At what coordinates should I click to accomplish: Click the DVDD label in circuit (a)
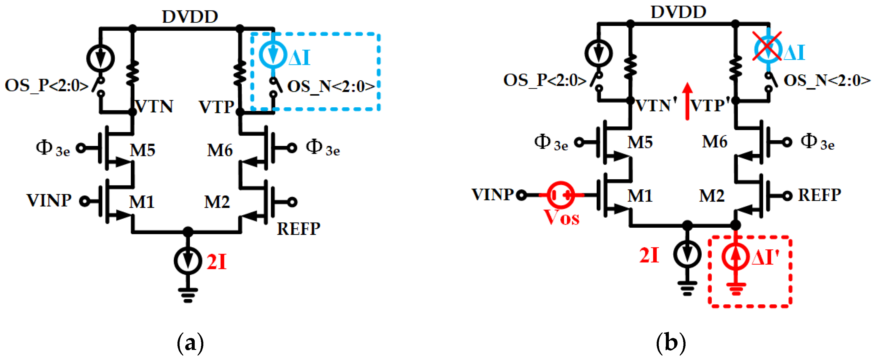(190, 16)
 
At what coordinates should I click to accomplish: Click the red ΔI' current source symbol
(735, 257)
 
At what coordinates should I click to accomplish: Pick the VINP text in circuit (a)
(49, 201)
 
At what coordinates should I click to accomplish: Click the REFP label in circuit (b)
(819, 195)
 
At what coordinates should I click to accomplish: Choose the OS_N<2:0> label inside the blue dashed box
(331, 87)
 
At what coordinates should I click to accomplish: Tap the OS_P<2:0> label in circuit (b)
(545, 81)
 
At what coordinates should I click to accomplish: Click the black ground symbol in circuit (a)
(188, 295)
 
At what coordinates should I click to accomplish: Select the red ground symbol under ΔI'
(735, 289)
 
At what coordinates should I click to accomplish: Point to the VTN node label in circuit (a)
(154, 106)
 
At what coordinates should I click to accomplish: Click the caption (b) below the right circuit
(670, 343)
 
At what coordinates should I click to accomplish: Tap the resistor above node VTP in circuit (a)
(240, 73)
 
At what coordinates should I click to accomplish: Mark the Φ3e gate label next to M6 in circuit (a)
(323, 148)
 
